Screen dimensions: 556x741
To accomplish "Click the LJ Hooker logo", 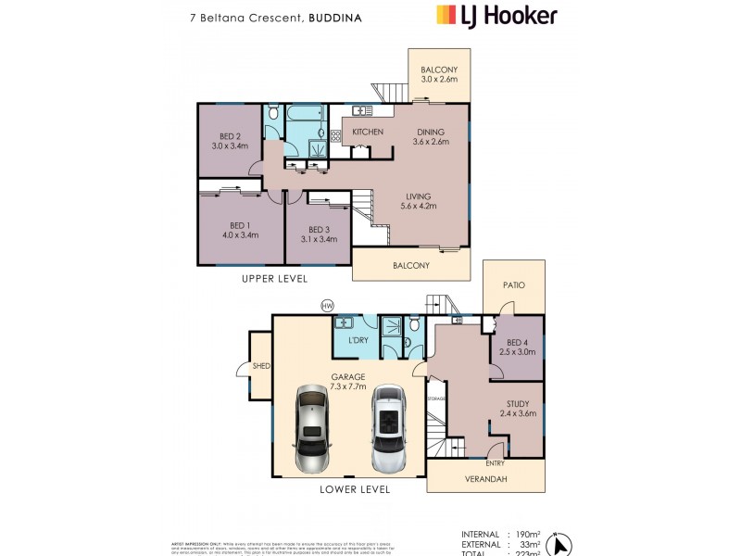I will tap(496, 15).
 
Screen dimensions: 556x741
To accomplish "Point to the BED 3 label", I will tap(318, 229).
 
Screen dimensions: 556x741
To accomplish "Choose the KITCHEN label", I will tap(368, 133).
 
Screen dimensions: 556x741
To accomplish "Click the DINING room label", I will tap(431, 132).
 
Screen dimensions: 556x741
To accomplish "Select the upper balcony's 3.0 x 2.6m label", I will tap(439, 81).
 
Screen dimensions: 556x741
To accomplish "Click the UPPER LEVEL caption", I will tap(274, 279).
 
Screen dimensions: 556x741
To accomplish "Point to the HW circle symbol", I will tap(326, 305).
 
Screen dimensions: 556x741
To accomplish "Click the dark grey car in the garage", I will tap(312, 429).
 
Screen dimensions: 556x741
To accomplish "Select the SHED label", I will tap(261, 367).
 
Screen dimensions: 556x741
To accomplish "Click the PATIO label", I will tap(513, 285).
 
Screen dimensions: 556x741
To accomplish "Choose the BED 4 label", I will tap(517, 342).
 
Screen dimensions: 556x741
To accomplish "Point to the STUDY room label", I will tap(519, 403).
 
